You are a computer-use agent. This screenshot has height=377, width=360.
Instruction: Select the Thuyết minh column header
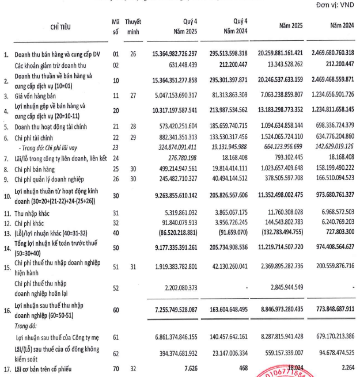point(133,26)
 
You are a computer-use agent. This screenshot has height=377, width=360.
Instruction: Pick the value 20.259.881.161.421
point(279,54)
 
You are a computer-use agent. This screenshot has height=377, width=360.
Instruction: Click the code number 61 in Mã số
point(115,335)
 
